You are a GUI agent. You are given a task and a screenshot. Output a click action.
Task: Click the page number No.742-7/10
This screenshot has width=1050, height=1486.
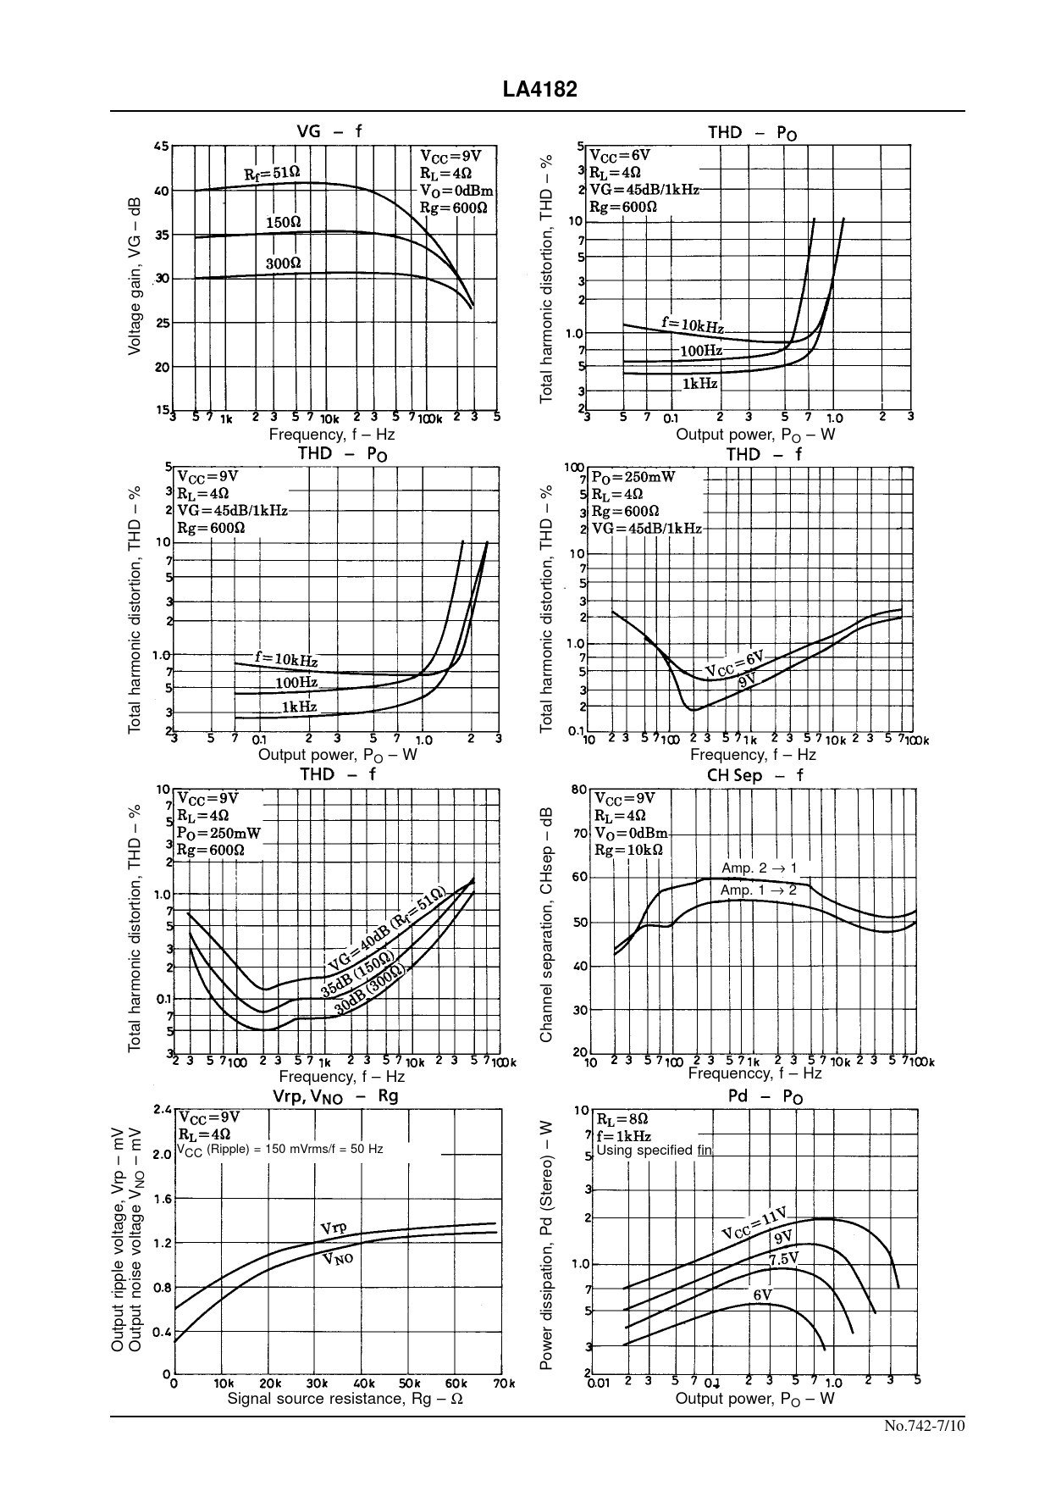924,1426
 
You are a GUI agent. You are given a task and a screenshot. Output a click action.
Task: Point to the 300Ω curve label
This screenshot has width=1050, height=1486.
284,263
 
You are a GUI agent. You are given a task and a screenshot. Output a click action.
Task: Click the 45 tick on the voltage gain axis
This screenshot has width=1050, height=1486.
160,146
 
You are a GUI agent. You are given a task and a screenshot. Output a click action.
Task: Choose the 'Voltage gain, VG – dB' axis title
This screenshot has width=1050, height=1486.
135,277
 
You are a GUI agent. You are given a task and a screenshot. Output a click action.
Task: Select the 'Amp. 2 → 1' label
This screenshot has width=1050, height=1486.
759,868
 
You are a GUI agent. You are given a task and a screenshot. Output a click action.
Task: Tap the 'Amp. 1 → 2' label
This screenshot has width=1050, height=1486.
758,890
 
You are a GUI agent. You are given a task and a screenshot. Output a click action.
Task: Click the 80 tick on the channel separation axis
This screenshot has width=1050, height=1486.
579,790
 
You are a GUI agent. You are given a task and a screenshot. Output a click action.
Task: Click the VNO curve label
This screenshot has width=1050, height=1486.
338,1258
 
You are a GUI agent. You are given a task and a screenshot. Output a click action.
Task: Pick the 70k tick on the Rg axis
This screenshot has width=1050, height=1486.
505,1383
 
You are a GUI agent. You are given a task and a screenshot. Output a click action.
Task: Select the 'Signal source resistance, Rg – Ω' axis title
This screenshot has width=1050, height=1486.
345,1399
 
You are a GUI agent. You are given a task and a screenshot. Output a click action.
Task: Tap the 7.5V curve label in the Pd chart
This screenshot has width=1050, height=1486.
784,1259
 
